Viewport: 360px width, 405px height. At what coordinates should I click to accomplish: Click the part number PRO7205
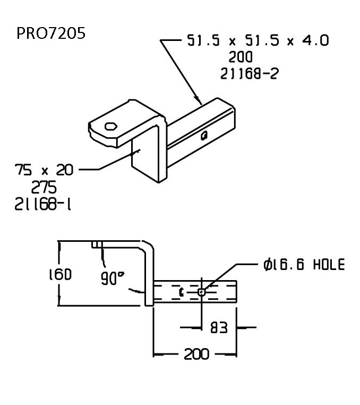[x=51, y=33]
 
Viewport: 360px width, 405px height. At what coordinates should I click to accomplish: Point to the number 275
[x=44, y=188]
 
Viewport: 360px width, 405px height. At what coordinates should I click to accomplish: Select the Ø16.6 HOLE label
[x=304, y=264]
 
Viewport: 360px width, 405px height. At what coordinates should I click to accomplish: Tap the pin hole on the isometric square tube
[x=204, y=136]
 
